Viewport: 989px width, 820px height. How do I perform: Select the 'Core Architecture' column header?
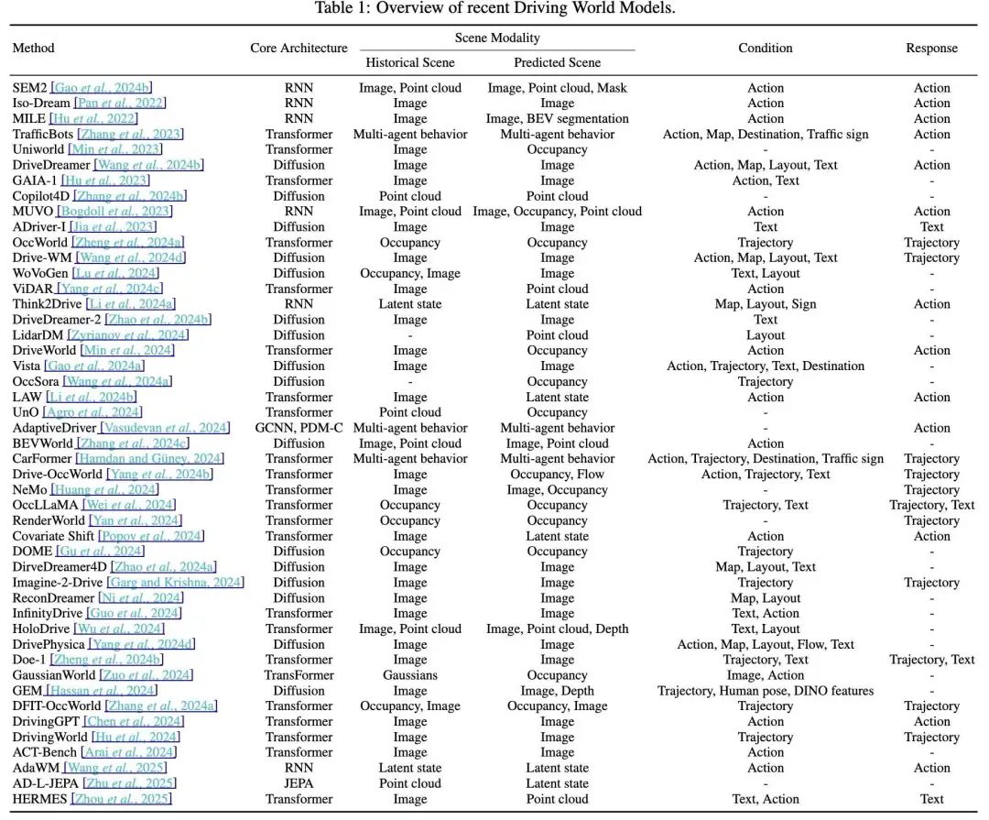(x=299, y=48)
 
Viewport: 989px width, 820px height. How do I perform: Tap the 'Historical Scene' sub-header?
(x=409, y=62)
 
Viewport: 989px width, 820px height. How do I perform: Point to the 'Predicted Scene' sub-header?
(x=557, y=62)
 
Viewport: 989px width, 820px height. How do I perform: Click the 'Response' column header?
(x=931, y=48)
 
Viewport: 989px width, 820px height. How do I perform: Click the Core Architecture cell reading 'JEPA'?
(x=299, y=783)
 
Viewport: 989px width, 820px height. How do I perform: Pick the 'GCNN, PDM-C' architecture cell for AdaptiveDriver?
(x=299, y=428)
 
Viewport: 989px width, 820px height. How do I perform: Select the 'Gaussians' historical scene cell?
(x=409, y=675)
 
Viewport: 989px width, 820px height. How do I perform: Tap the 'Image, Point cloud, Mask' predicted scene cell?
(x=557, y=88)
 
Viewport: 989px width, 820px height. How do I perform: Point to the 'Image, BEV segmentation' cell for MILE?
(x=557, y=119)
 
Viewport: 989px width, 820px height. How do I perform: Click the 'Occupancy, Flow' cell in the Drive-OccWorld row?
(x=557, y=475)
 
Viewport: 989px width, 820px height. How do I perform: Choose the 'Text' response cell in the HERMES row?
(x=931, y=799)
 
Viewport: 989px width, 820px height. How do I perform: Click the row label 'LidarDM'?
(x=38, y=335)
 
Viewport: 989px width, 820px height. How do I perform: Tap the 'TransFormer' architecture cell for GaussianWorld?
(x=299, y=675)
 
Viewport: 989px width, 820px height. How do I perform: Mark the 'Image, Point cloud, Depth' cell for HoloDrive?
(x=557, y=629)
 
